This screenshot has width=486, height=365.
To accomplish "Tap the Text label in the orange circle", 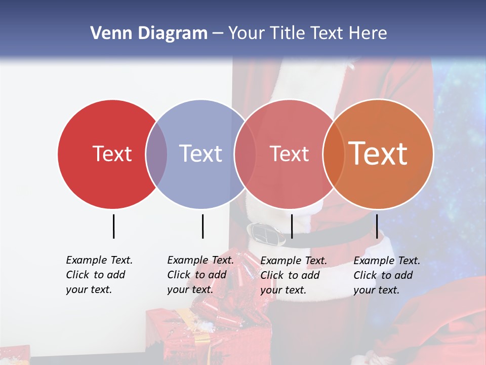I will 378,153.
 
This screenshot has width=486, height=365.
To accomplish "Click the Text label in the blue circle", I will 201,154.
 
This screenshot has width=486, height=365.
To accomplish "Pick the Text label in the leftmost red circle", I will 112,154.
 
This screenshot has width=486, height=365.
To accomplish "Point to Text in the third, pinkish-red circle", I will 289,154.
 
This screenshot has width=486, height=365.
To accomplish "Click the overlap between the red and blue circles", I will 156,154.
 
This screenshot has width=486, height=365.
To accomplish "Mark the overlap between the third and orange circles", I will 334,154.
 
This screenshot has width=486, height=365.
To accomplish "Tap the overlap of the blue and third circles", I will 245,154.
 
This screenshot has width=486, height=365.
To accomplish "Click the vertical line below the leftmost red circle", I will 113,226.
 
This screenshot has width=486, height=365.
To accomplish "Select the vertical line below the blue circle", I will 202,226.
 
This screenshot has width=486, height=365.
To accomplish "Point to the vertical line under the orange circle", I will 377,226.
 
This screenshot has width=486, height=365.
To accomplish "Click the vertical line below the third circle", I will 292,226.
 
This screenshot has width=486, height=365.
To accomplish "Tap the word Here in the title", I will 369,33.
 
